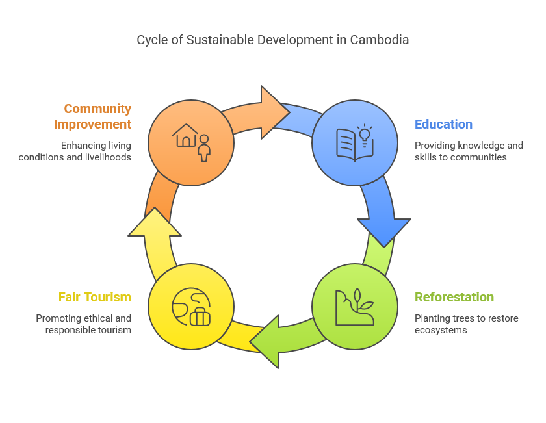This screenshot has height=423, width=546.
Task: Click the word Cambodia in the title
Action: [x=380, y=40]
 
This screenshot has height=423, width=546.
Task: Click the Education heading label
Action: [x=444, y=124]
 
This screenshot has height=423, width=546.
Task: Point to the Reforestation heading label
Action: [x=454, y=297]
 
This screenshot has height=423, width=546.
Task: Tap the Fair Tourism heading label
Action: [x=94, y=297]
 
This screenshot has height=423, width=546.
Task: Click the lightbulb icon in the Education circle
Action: [x=364, y=134]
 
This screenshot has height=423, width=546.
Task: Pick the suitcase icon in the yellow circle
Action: [x=200, y=316]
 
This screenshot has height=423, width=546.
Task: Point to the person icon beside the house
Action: [x=204, y=148]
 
